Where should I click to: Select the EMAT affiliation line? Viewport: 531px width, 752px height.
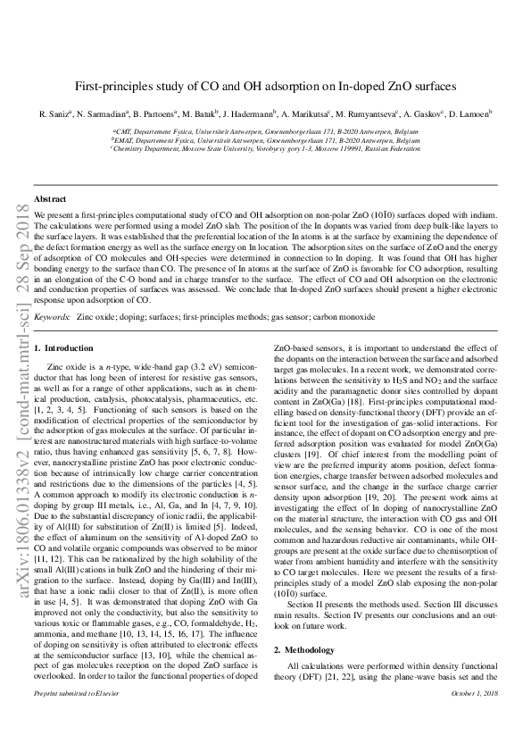pos(265,140)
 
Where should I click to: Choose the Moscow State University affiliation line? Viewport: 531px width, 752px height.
pos(265,150)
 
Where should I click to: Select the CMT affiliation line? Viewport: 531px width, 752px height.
pos(265,130)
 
